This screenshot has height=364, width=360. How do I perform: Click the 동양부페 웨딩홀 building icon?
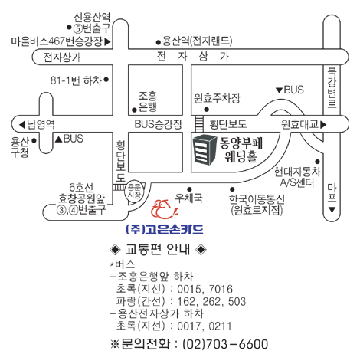(205, 150)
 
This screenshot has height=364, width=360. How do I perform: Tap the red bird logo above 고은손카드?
(164, 209)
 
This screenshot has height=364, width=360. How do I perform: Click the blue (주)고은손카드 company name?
(165, 229)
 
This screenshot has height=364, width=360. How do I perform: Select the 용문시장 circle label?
(134, 192)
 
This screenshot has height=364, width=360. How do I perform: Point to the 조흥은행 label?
(148, 101)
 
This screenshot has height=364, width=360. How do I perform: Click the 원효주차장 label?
(217, 98)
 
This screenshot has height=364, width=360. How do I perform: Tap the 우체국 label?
(188, 198)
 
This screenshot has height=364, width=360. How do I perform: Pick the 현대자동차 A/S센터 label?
(297, 177)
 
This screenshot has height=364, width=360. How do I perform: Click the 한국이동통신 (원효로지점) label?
(257, 205)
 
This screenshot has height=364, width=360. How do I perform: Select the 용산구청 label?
(20, 147)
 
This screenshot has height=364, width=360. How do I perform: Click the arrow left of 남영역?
(22, 125)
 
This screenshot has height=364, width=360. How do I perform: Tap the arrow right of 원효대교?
(323, 125)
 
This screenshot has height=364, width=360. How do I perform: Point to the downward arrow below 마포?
(332, 210)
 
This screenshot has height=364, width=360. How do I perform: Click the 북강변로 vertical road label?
(332, 87)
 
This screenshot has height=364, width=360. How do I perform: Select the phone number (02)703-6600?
(225, 344)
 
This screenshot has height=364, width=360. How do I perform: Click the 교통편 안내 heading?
(158, 249)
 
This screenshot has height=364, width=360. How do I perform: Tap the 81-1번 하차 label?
(76, 80)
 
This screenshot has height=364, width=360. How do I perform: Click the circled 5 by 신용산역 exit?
(77, 28)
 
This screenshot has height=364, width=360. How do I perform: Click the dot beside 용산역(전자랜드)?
(159, 42)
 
